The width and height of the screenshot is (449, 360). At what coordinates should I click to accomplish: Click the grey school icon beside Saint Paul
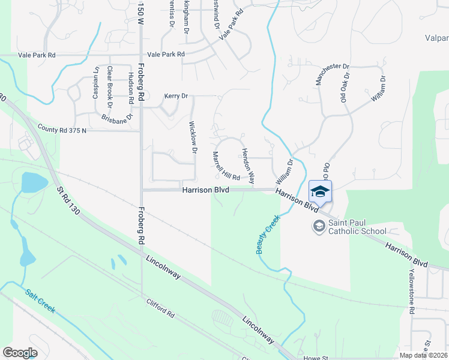coord(319,226)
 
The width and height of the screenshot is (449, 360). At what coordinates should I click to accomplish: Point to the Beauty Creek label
coord(268,235)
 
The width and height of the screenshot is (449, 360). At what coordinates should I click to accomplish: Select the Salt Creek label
coord(40,302)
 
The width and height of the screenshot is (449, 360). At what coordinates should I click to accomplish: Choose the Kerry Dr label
coord(176,96)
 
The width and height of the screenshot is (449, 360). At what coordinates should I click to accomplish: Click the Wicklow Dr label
coord(193,139)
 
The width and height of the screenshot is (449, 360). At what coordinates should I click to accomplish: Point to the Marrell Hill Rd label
coord(226,166)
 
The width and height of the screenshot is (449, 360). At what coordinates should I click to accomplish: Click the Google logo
coord(20,352)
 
